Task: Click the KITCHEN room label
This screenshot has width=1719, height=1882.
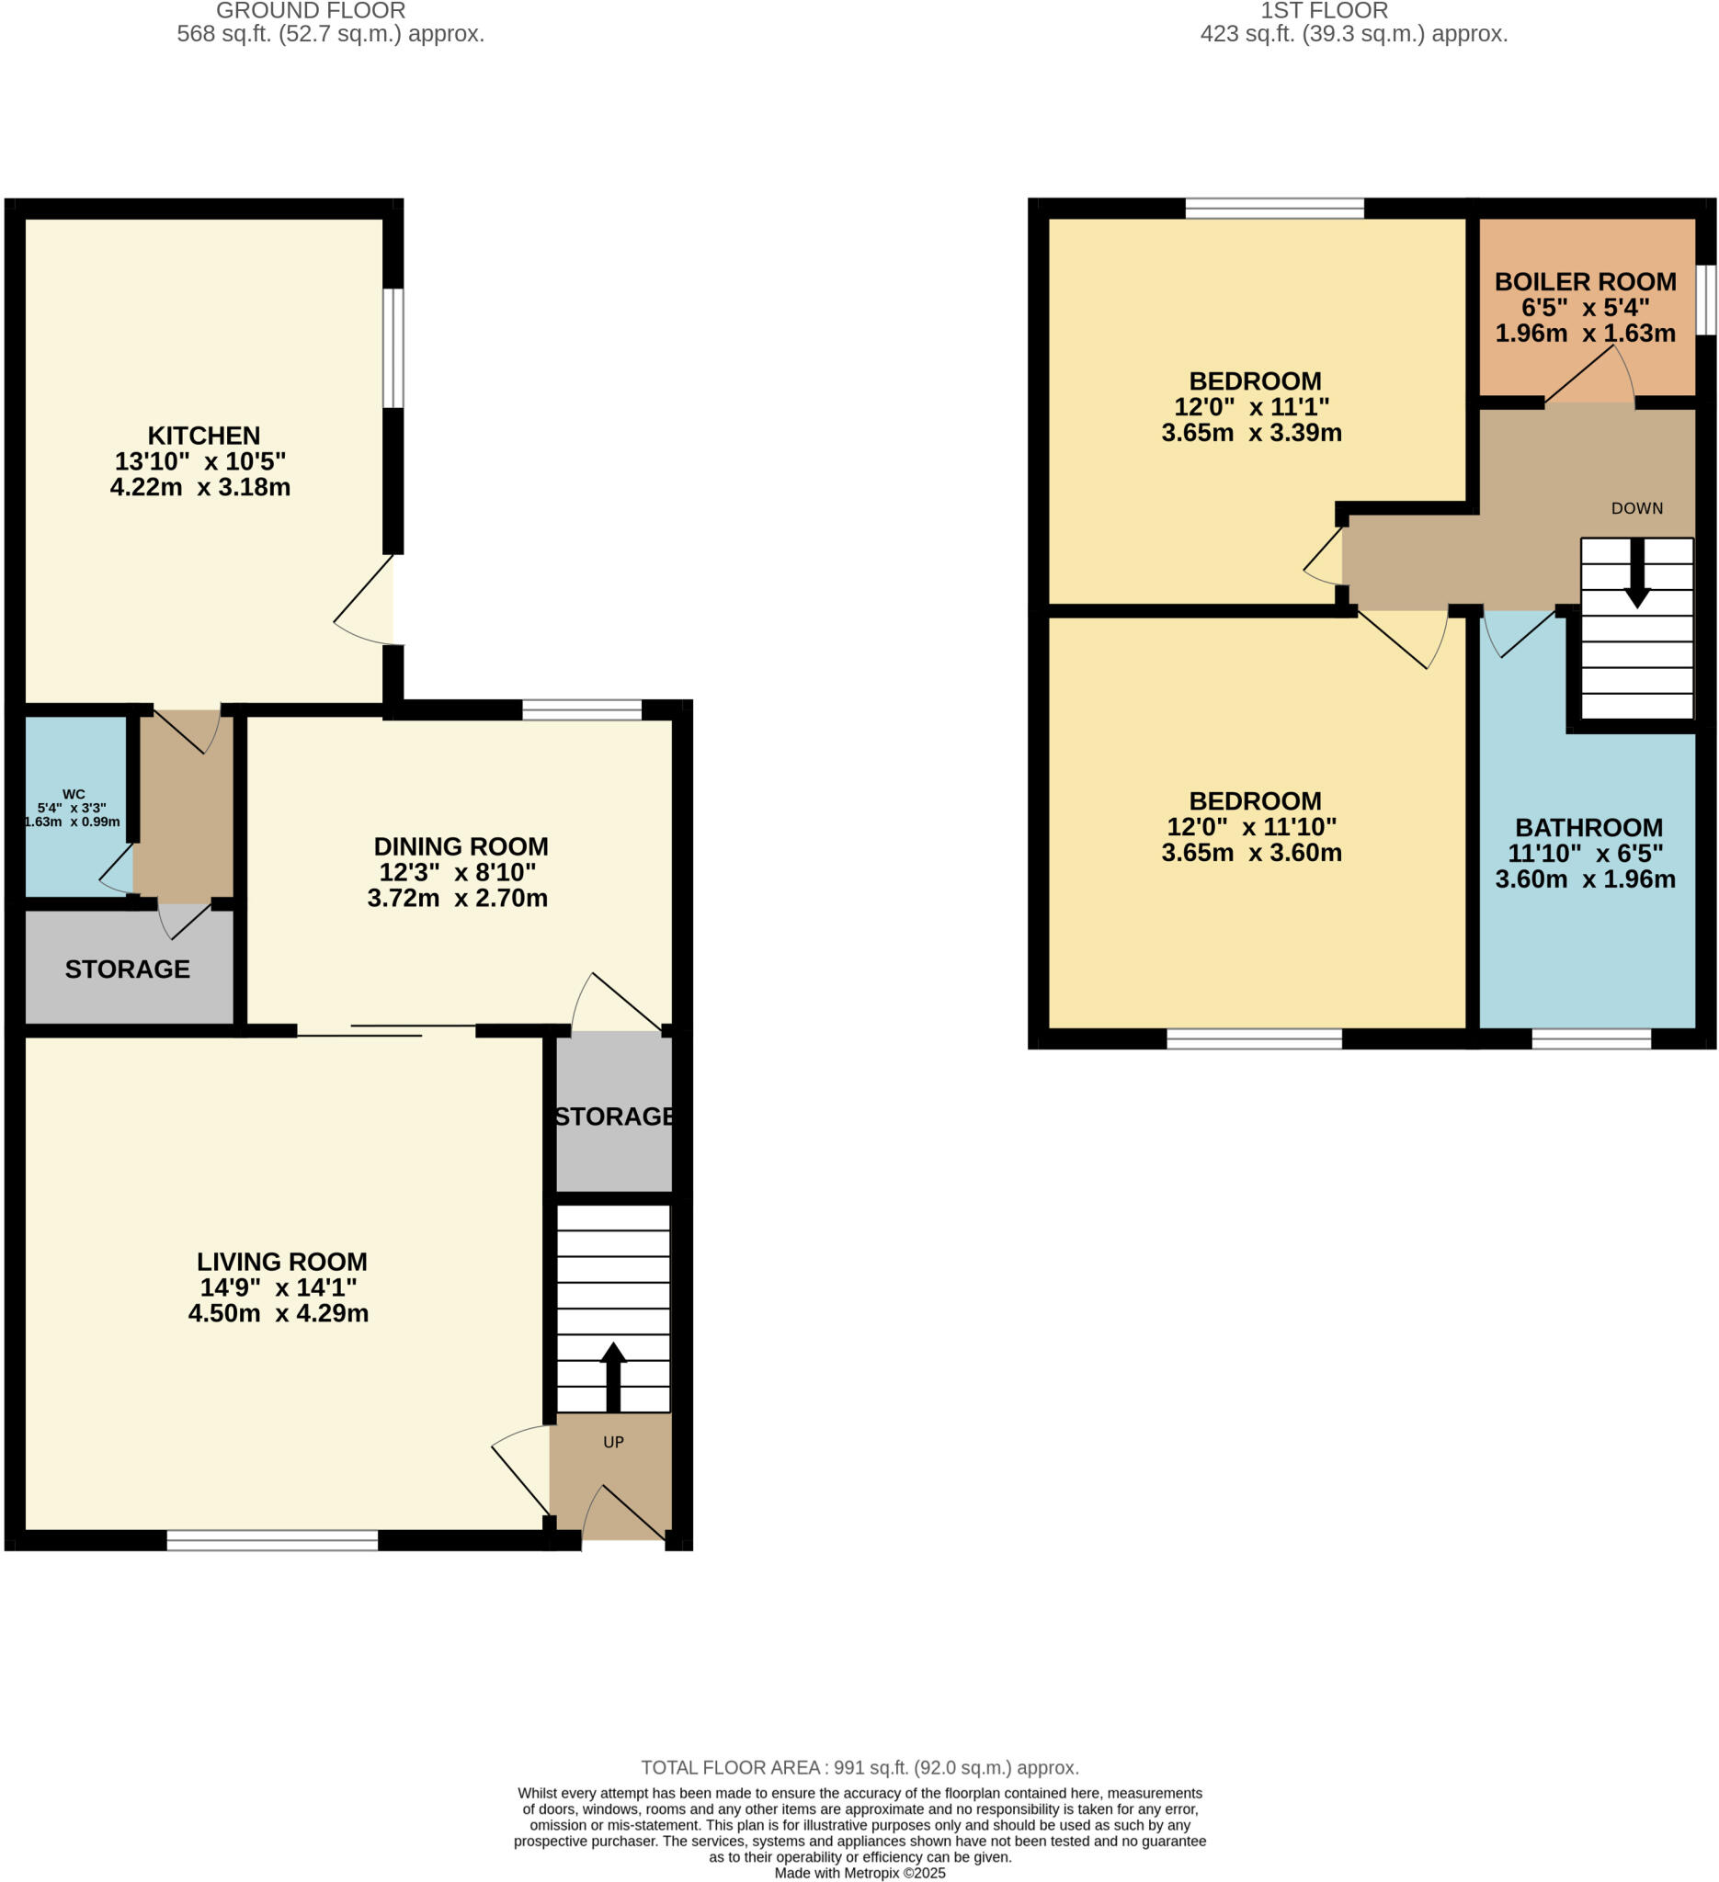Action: pyautogui.click(x=203, y=436)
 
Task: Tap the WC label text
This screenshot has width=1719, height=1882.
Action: pyautogui.click(x=74, y=795)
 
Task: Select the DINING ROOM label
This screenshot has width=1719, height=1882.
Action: pyautogui.click(x=461, y=846)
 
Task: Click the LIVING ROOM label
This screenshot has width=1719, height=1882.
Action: pyautogui.click(x=282, y=1262)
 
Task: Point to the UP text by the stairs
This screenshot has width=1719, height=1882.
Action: pyautogui.click(x=613, y=1443)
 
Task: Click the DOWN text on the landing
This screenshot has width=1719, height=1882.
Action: pyautogui.click(x=1637, y=509)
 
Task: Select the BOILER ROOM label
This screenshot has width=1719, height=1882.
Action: pyautogui.click(x=1585, y=282)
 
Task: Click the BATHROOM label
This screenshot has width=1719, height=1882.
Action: pyautogui.click(x=1588, y=828)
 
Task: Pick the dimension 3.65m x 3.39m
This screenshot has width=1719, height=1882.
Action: pyautogui.click(x=1251, y=433)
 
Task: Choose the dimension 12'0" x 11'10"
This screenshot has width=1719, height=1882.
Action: pyautogui.click(x=1251, y=827)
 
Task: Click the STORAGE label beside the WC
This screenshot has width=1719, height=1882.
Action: pyautogui.click(x=127, y=969)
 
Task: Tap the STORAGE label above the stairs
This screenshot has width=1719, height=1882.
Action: pyautogui.click(x=613, y=1117)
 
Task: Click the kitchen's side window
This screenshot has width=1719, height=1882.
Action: pyautogui.click(x=394, y=348)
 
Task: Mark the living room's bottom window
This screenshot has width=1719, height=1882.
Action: pyautogui.click(x=272, y=1540)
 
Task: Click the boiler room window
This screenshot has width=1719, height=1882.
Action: pyautogui.click(x=1705, y=300)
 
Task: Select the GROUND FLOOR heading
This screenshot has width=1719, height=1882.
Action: pyautogui.click(x=310, y=11)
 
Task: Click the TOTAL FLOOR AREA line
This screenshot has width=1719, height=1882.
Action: pyautogui.click(x=859, y=1768)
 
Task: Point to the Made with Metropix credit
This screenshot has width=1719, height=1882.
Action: pyautogui.click(x=859, y=1873)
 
